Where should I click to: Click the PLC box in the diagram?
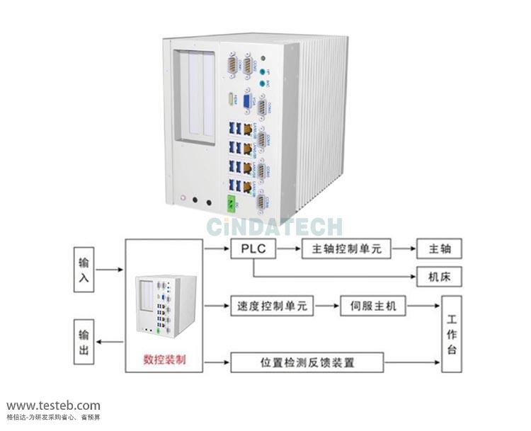tap(253, 249)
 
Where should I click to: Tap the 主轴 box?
tap(439, 249)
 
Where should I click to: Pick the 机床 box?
tap(439, 275)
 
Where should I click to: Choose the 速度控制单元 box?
tap(272, 306)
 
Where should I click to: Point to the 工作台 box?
tap(452, 334)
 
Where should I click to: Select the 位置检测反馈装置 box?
tap(307, 362)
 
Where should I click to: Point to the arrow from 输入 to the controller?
tap(110, 270)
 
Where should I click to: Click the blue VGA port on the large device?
tap(246, 100)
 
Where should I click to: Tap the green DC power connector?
tap(231, 204)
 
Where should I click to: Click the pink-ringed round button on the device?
tap(183, 200)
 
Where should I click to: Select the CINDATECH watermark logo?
tap(275, 226)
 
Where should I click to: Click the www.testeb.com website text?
tap(53, 406)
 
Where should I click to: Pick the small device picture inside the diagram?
tap(164, 306)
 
